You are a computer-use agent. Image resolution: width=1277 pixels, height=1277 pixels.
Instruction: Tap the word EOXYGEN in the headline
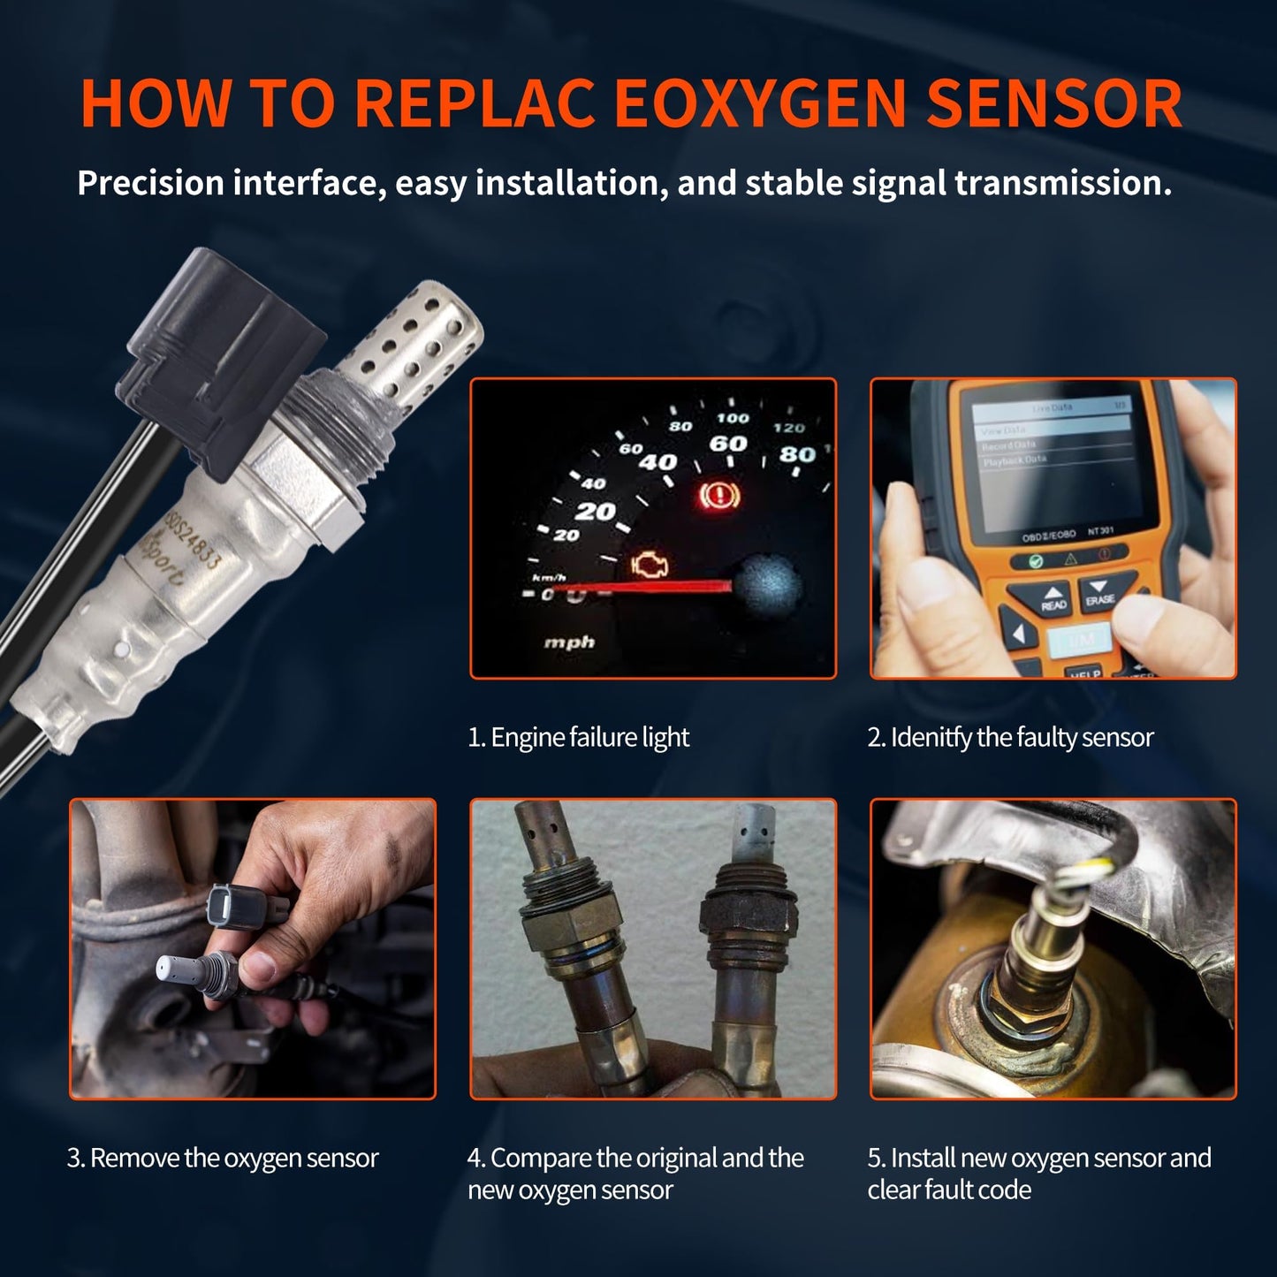pyautogui.click(x=760, y=104)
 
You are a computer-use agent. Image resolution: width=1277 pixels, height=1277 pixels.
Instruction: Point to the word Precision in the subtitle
pyautogui.click(x=150, y=183)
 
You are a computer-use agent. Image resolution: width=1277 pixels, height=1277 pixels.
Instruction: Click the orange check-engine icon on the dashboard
pyautogui.click(x=650, y=565)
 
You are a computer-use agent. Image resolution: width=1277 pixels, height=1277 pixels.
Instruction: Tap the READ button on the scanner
pyautogui.click(x=1053, y=599)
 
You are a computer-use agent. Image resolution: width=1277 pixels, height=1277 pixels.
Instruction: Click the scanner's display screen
pyautogui.click(x=1052, y=460)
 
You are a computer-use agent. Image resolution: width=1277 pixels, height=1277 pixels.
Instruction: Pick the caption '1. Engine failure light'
pyautogui.click(x=578, y=737)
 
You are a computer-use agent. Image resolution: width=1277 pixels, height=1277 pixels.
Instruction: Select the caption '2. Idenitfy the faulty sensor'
pyautogui.click(x=1010, y=737)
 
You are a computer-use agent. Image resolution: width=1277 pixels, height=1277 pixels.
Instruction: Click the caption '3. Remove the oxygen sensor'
pyautogui.click(x=223, y=1158)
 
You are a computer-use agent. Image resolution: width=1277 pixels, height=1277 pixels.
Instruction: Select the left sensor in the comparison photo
pyautogui.click(x=566, y=954)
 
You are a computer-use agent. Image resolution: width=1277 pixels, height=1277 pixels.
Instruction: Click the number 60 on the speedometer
pyautogui.click(x=728, y=444)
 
